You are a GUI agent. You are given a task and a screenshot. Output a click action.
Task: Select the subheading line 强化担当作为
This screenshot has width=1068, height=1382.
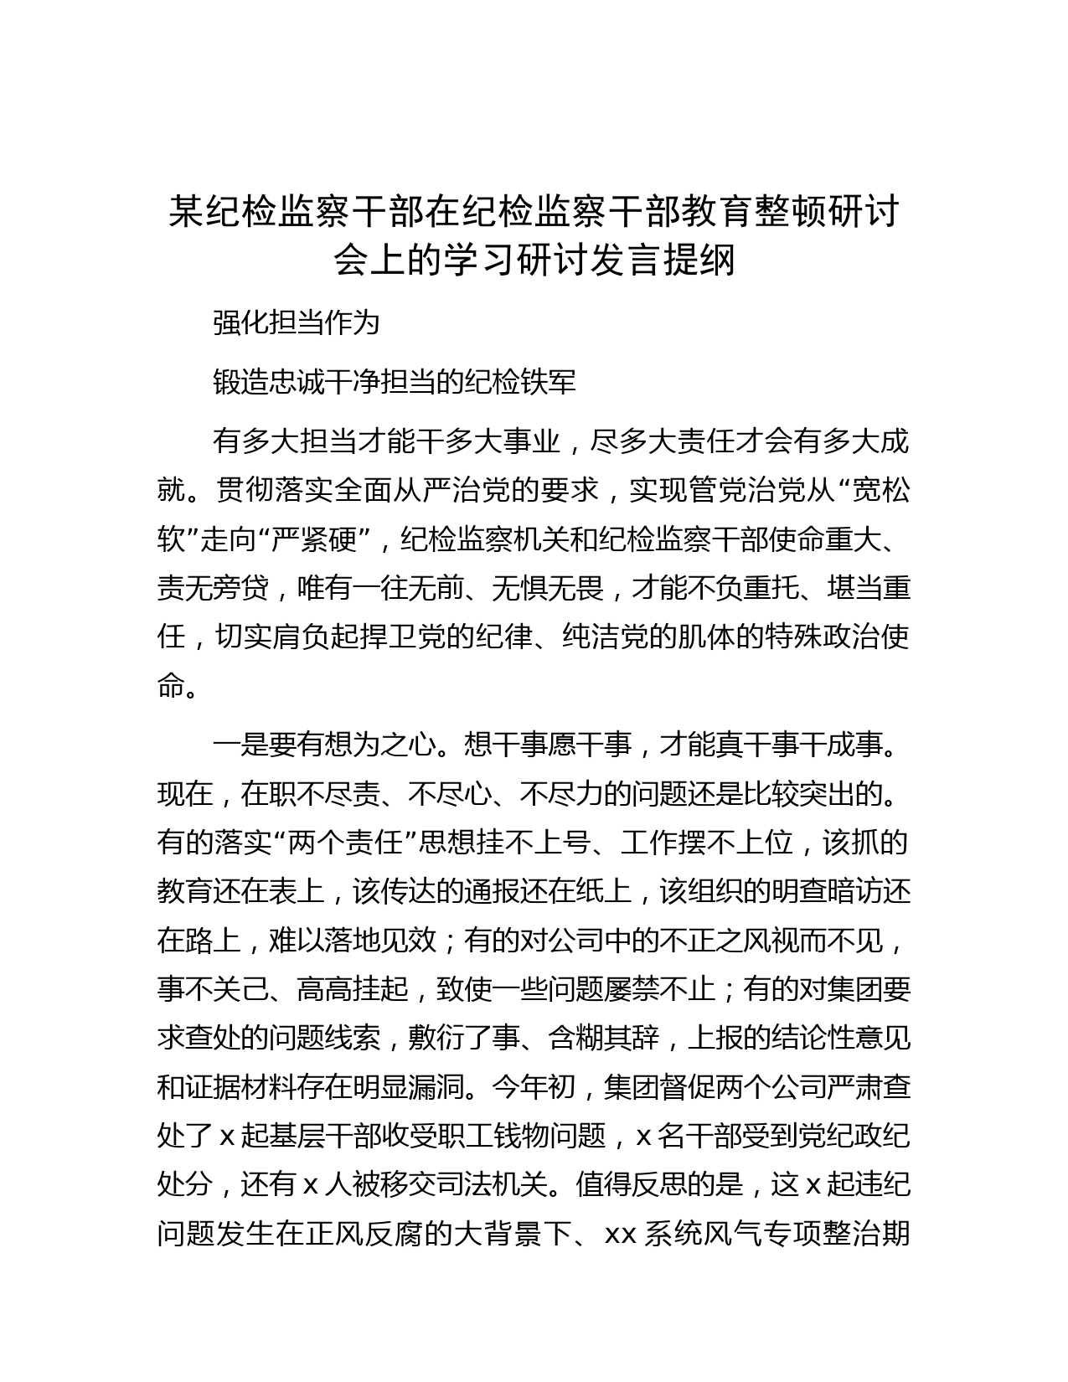(297, 322)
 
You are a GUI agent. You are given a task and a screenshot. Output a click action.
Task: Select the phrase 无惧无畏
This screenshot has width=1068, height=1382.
(548, 589)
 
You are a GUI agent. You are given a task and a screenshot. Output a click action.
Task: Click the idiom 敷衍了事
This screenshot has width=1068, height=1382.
(465, 1039)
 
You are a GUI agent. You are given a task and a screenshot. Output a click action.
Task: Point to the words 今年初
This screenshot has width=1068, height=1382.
(534, 1088)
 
